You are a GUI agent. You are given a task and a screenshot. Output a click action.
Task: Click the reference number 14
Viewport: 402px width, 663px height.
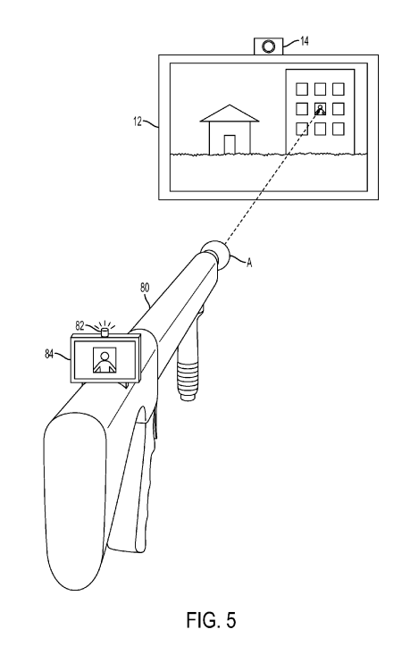click(305, 41)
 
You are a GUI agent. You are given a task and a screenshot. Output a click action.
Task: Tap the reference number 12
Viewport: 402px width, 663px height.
click(138, 122)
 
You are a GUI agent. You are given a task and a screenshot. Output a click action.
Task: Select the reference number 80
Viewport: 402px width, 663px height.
click(145, 288)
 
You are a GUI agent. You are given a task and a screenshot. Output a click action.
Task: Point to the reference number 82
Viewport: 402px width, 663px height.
click(80, 325)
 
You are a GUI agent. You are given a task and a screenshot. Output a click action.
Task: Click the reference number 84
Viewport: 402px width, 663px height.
click(49, 354)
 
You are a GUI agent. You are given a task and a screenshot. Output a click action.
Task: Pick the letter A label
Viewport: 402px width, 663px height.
click(249, 263)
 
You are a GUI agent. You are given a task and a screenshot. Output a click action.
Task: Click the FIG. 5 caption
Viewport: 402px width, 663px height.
click(211, 620)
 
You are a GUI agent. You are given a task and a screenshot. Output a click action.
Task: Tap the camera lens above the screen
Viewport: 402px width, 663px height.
click(268, 46)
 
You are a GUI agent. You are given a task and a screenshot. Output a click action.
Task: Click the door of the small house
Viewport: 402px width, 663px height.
click(230, 145)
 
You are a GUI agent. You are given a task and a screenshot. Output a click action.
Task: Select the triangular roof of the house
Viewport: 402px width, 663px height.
click(230, 113)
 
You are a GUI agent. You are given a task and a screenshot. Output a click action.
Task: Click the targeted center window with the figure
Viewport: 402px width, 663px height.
click(320, 109)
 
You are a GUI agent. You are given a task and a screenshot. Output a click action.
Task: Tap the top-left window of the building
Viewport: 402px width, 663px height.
click(301, 89)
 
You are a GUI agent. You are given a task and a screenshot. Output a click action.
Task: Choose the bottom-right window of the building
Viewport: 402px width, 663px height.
click(339, 129)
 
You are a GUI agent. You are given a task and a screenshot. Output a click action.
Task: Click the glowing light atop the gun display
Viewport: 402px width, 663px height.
click(105, 332)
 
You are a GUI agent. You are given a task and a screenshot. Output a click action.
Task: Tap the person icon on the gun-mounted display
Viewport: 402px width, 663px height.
click(104, 360)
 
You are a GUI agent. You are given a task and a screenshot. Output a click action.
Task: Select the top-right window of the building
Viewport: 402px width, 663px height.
click(339, 89)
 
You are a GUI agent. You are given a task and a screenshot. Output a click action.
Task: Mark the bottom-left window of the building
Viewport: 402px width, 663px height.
click(301, 129)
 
